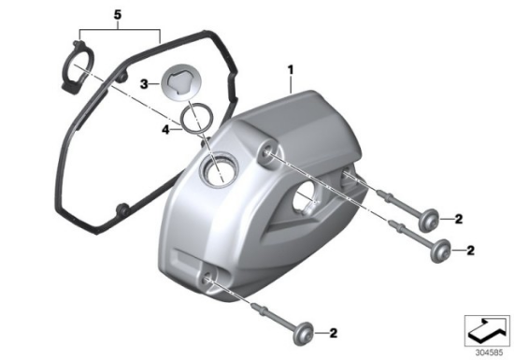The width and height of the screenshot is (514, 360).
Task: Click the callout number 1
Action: coord(291,70)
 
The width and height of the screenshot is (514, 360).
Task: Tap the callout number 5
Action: coord(118,15)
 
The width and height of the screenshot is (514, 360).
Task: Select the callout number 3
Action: coord(144,84)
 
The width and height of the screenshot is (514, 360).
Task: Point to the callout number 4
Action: coord(165,130)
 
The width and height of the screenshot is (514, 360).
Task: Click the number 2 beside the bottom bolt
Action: coord(333,333)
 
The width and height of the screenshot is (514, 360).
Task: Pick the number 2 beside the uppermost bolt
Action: coord(458,219)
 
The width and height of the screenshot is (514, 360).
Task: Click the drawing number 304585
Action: coord(489,353)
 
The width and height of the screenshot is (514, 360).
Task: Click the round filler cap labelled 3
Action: coord(178,82)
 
